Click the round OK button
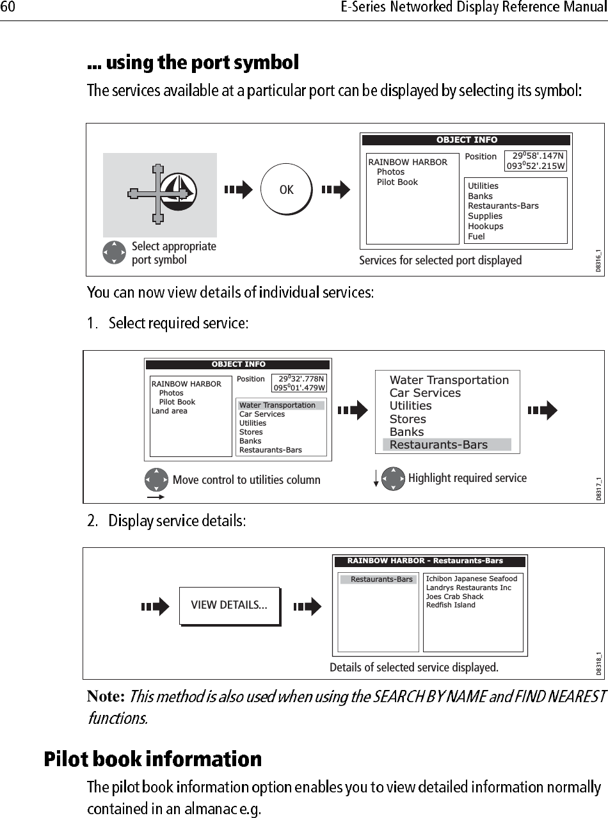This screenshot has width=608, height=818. pyautogui.click(x=286, y=189)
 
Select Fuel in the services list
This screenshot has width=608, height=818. pyautogui.click(x=476, y=236)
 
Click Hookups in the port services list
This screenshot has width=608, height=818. pyautogui.click(x=485, y=226)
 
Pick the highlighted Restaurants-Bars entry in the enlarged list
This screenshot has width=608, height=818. pyautogui.click(x=438, y=445)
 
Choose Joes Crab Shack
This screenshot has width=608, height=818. pyautogui.click(x=454, y=597)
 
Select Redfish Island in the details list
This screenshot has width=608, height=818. pyautogui.click(x=451, y=605)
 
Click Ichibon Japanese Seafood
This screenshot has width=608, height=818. pyautogui.click(x=471, y=579)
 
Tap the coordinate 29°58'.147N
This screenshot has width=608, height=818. pyautogui.click(x=538, y=156)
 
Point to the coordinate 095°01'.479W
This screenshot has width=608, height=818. pyautogui.click(x=300, y=387)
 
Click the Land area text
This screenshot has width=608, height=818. pyautogui.click(x=169, y=411)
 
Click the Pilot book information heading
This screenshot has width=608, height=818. pyautogui.click(x=152, y=759)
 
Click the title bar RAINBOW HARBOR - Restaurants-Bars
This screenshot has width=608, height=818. pyautogui.click(x=425, y=561)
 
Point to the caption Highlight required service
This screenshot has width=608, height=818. pyautogui.click(x=467, y=478)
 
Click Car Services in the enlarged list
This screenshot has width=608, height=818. pyautogui.click(x=425, y=393)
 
